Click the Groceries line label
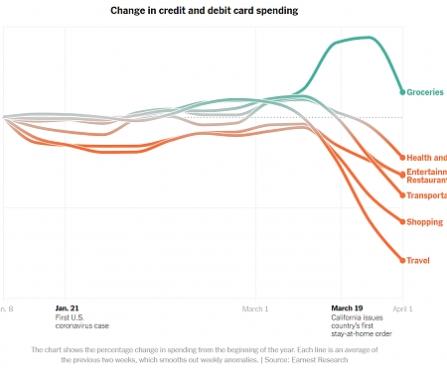tap(425, 92)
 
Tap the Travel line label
tap(418, 260)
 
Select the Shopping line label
tap(424, 221)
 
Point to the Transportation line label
tap(426, 195)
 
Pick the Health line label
tap(426, 158)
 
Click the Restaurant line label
tap(426, 181)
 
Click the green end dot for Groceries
tap(402, 92)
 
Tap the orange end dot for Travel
tap(402, 260)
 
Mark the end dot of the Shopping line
tap(402, 221)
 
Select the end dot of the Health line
tap(402, 158)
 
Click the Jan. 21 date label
tap(68, 309)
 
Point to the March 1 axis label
tap(255, 309)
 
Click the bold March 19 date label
tap(347, 309)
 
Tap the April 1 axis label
tap(402, 309)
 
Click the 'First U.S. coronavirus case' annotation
tap(82, 321)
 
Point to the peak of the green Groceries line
tap(370, 38)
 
